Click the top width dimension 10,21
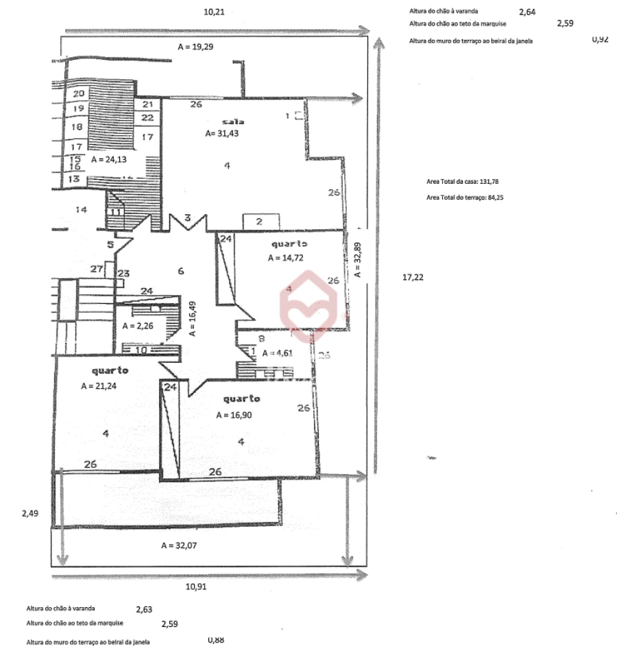215,12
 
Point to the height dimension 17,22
411,277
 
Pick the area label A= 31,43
222,134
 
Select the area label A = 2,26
138,327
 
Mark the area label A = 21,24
101,386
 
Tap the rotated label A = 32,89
356,260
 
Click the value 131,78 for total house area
489,182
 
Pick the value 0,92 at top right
599,40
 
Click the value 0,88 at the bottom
216,640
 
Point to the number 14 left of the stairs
82,210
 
